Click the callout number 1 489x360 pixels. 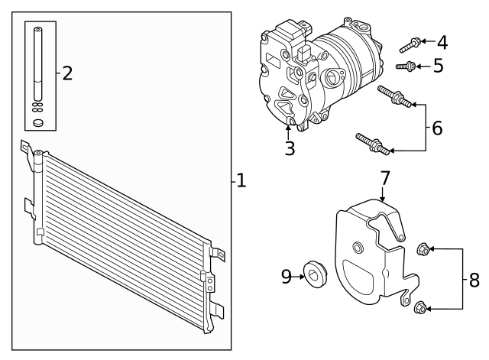241,181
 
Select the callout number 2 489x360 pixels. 67,73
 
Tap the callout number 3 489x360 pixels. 290,148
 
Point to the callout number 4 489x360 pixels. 442,42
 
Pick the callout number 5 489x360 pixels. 438,66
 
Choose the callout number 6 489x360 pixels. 436,128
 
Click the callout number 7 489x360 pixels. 385,178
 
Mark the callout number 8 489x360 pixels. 474,279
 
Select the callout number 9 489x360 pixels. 287,276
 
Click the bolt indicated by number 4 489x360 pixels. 410,43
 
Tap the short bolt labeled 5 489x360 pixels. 405,66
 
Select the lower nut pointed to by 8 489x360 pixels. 419,308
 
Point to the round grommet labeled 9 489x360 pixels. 314,272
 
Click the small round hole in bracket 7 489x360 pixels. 357,246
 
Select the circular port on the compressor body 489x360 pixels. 332,78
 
